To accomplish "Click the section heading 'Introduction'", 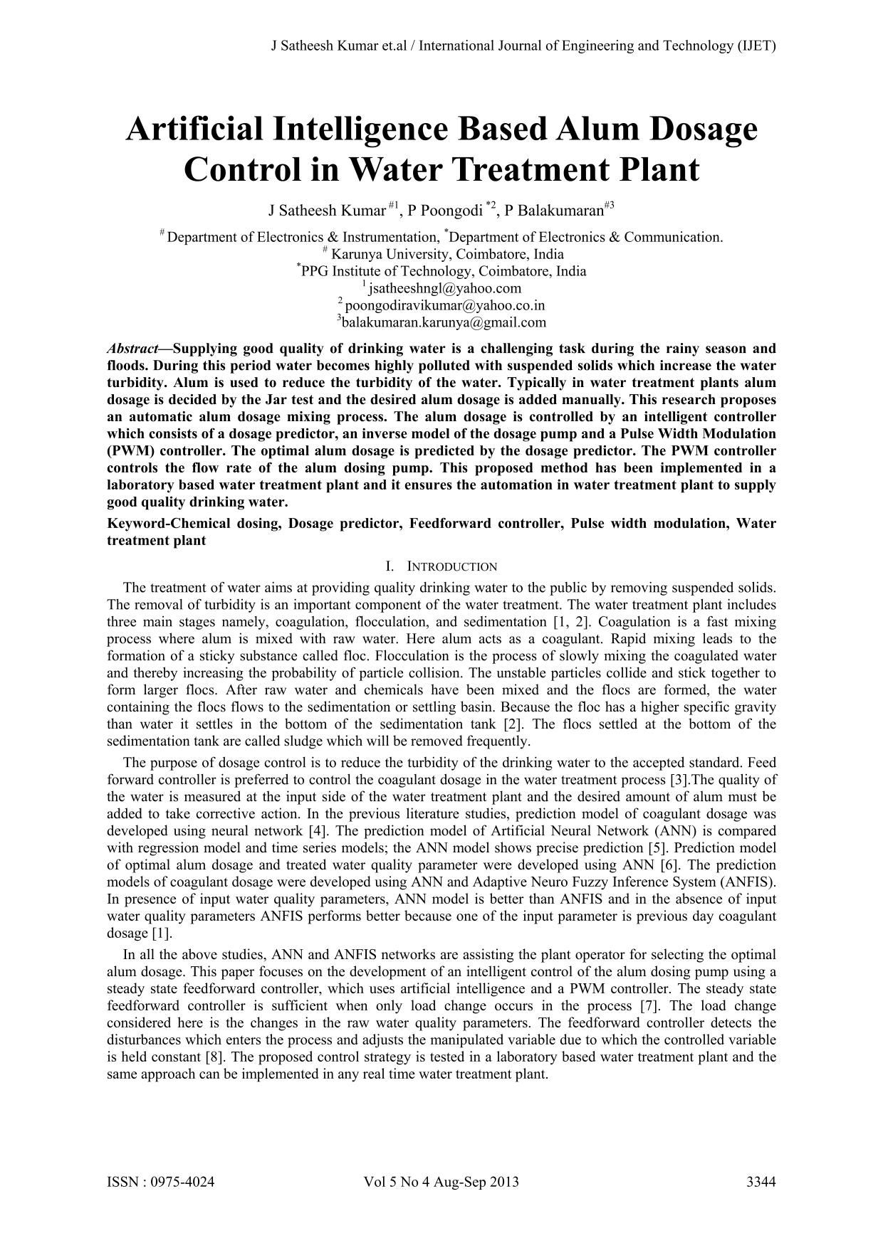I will [x=451, y=566].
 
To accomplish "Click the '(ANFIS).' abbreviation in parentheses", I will [x=748, y=882].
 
